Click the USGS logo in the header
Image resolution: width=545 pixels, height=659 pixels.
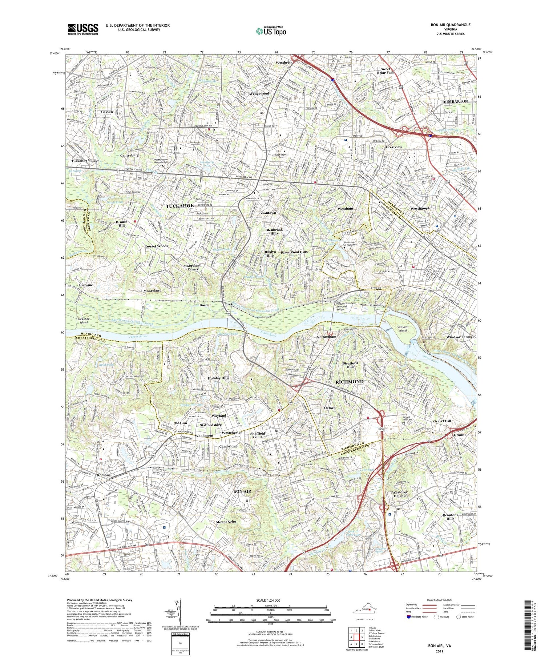click(x=82, y=29)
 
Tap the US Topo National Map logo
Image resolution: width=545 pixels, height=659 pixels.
click(x=271, y=31)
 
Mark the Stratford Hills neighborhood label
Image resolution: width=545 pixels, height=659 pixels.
click(x=350, y=365)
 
